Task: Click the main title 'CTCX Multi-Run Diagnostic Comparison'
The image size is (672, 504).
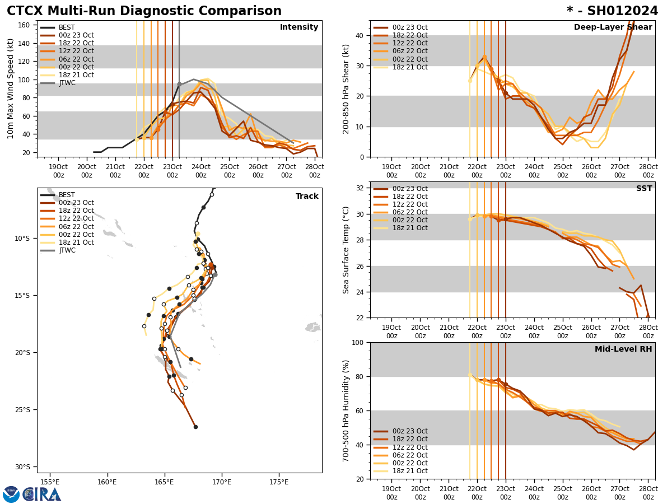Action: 144,11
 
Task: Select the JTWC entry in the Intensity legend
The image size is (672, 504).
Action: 67,83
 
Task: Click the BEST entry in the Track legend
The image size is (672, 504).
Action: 67,195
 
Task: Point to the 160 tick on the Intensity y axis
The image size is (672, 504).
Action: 25,25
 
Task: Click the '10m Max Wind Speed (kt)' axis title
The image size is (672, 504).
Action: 11,88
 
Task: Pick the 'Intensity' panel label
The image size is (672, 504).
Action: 299,27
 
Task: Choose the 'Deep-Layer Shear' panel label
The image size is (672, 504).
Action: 613,27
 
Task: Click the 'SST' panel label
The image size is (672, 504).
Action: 644,189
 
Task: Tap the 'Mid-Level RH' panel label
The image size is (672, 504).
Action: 623,349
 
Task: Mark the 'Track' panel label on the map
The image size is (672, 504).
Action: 307,197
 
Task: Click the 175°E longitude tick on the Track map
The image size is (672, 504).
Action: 279,482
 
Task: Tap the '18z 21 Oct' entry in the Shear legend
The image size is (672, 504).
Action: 410,67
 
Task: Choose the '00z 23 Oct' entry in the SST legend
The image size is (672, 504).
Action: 410,189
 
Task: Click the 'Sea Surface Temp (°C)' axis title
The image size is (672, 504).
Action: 347,250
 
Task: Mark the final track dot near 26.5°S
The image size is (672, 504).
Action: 195,427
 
